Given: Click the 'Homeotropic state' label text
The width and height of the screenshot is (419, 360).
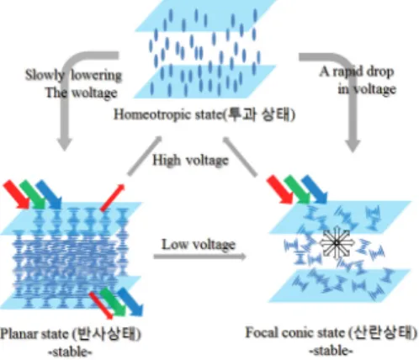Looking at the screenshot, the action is (167, 114).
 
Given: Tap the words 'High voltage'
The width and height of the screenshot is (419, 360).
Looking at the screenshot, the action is (190, 161).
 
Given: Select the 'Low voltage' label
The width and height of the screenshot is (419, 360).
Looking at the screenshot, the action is (199, 245).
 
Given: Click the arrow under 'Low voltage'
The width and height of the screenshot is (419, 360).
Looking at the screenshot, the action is (200, 257).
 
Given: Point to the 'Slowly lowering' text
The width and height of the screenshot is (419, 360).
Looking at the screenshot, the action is (73, 75).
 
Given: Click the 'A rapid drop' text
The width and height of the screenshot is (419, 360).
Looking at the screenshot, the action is (357, 71).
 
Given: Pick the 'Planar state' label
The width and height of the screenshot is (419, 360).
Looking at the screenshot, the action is (34, 334).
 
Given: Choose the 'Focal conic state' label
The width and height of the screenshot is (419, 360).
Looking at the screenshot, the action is (294, 333).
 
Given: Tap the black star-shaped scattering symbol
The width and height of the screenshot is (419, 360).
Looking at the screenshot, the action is (336, 243).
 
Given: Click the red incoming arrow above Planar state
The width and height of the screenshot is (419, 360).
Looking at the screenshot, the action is (16, 194).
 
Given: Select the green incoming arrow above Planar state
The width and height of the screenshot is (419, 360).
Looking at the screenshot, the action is (33, 194).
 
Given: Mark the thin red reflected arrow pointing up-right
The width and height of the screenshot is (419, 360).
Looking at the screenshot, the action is (113, 198).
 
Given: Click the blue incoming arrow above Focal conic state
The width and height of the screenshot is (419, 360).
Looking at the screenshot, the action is (315, 189).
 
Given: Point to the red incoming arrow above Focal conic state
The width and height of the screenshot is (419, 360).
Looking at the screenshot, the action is (280, 189).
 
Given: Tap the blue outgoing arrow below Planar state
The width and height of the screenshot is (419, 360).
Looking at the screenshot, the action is (130, 302).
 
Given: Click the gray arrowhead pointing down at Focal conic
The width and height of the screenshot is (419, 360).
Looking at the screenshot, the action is (353, 146).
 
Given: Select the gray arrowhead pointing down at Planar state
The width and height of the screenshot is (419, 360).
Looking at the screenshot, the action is (65, 144).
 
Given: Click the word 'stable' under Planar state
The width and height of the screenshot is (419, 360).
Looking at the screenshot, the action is (70, 352).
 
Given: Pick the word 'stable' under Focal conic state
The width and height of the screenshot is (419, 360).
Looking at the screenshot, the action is (331, 351).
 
